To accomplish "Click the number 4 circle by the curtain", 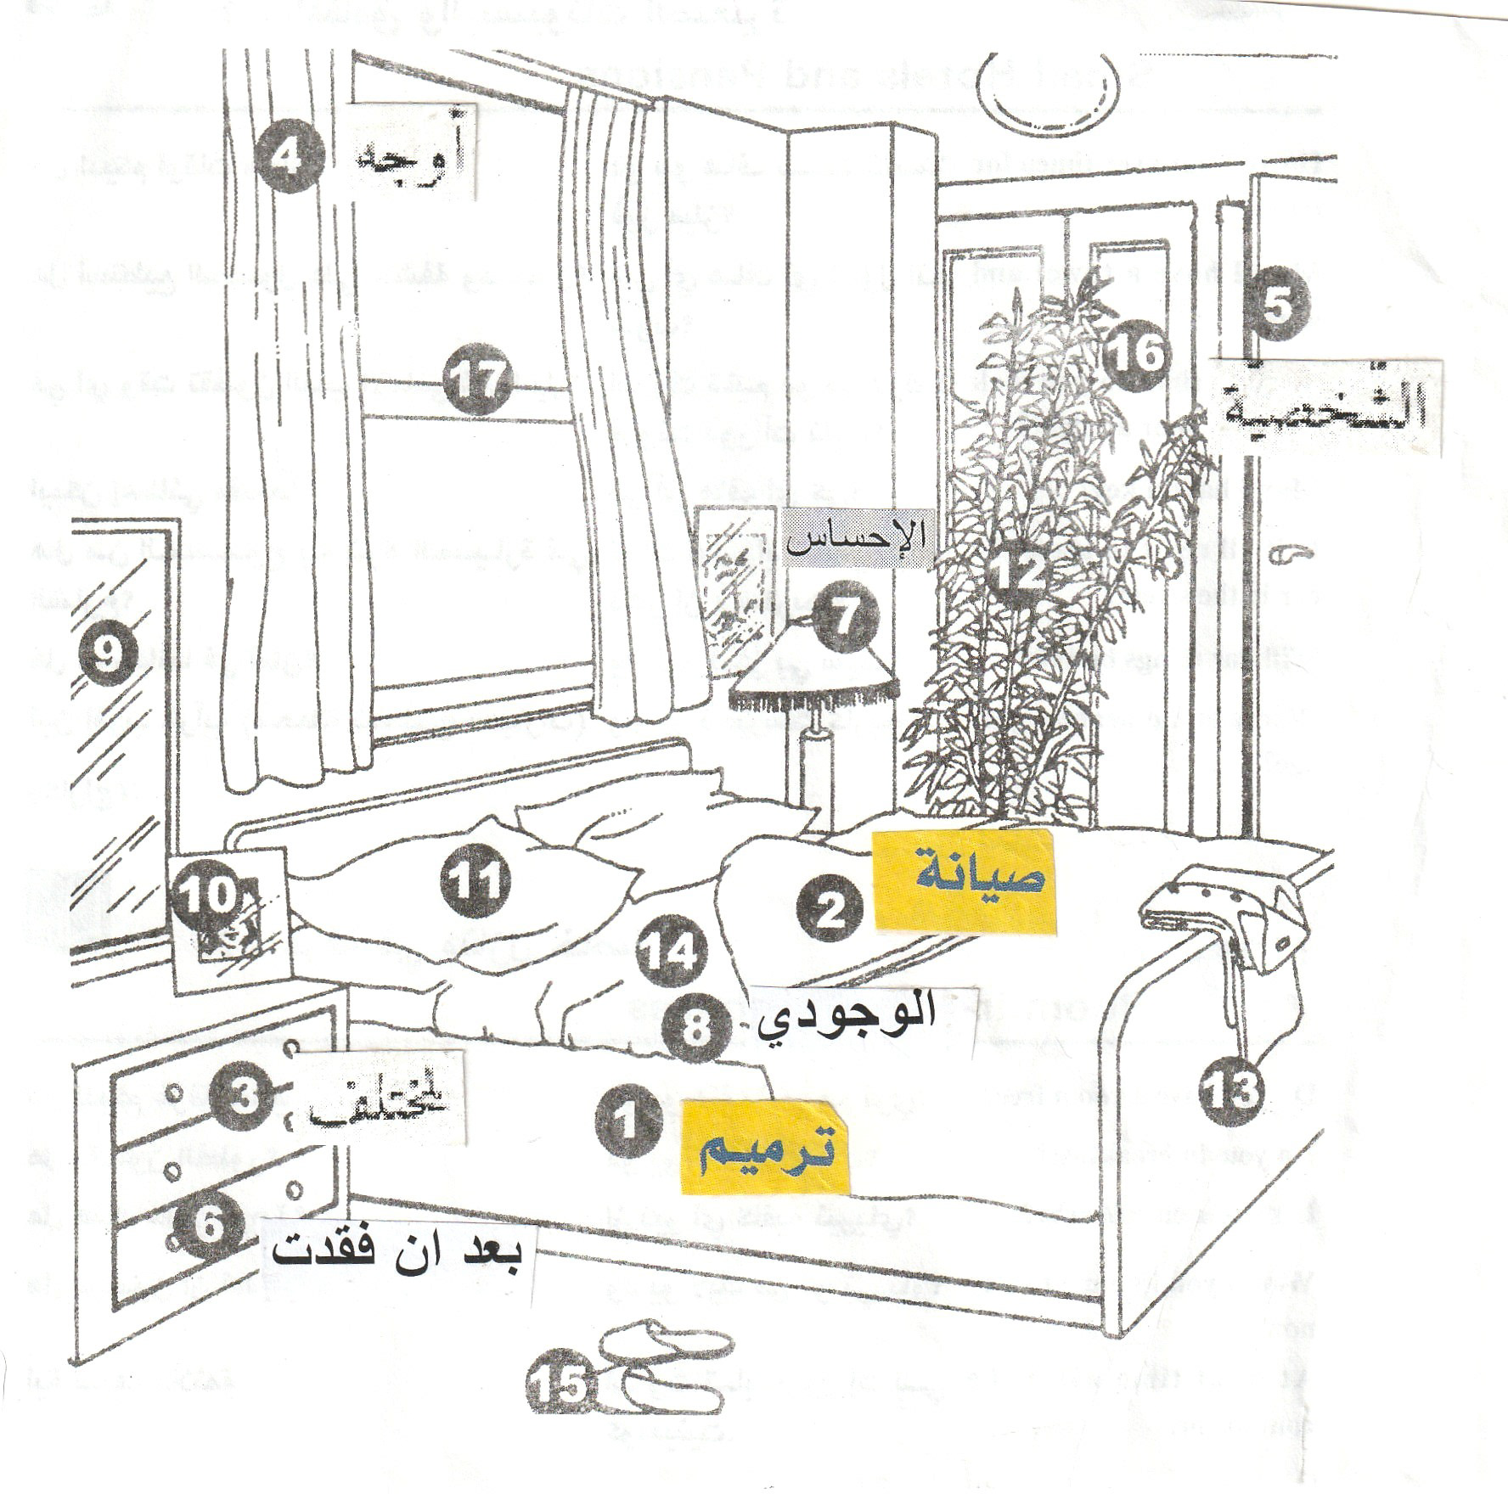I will click(x=290, y=159).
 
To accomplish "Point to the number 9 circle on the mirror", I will click(x=108, y=655).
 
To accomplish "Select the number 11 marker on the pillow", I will click(x=475, y=880).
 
